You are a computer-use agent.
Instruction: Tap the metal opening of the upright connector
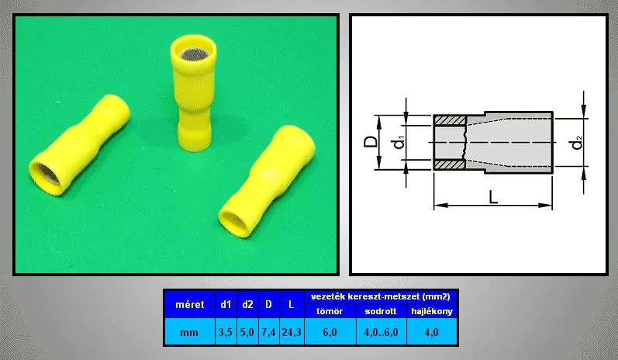tap(194, 55)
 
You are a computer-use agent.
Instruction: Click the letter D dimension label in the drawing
tap(370, 142)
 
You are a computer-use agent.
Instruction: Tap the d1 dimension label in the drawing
tap(399, 142)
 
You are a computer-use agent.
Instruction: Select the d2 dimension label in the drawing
tap(577, 142)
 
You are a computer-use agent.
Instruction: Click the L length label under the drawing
tap(492, 196)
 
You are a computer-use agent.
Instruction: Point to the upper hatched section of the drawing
tap(450, 120)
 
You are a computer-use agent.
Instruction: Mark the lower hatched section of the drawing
tap(450, 164)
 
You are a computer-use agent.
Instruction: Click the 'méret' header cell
tap(189, 304)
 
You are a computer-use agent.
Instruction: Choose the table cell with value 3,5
tap(226, 332)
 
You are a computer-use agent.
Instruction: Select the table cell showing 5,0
tap(247, 332)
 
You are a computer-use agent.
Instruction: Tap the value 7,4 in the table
tap(268, 332)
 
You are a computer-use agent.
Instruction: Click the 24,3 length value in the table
tap(292, 332)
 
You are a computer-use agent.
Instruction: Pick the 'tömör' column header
tap(330, 311)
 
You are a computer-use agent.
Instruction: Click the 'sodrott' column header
tap(381, 311)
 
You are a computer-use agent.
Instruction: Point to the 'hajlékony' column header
tap(432, 311)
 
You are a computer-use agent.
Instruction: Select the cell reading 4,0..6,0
tap(381, 332)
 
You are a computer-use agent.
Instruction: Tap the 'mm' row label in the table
tap(189, 332)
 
